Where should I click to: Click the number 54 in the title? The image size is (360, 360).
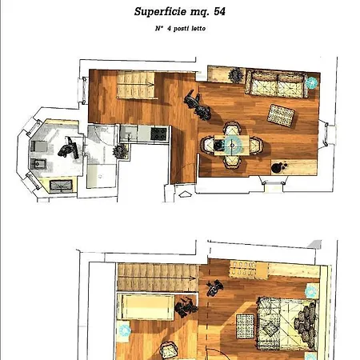(x=219, y=11)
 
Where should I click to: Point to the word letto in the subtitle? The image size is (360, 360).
(x=198, y=28)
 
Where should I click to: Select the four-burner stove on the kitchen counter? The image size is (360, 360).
(x=158, y=134)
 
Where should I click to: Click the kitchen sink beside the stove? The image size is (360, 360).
(x=129, y=133)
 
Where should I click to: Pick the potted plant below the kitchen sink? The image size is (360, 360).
(x=120, y=151)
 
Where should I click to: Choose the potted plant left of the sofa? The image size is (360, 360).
(x=235, y=75)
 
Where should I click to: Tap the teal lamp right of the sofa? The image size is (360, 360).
(x=312, y=82)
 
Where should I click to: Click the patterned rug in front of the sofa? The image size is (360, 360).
(x=281, y=115)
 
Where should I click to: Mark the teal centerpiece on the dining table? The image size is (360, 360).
(x=233, y=145)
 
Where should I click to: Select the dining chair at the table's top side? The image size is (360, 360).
(x=232, y=128)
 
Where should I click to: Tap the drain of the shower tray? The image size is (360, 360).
(x=100, y=176)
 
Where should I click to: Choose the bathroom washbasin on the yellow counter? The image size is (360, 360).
(x=61, y=186)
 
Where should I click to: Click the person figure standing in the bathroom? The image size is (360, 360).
(x=69, y=148)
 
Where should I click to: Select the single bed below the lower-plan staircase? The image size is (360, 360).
(x=146, y=306)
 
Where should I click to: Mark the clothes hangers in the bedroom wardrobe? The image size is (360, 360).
(x=242, y=269)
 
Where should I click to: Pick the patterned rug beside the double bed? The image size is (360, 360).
(x=245, y=326)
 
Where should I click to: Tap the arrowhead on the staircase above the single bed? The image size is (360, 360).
(x=193, y=278)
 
